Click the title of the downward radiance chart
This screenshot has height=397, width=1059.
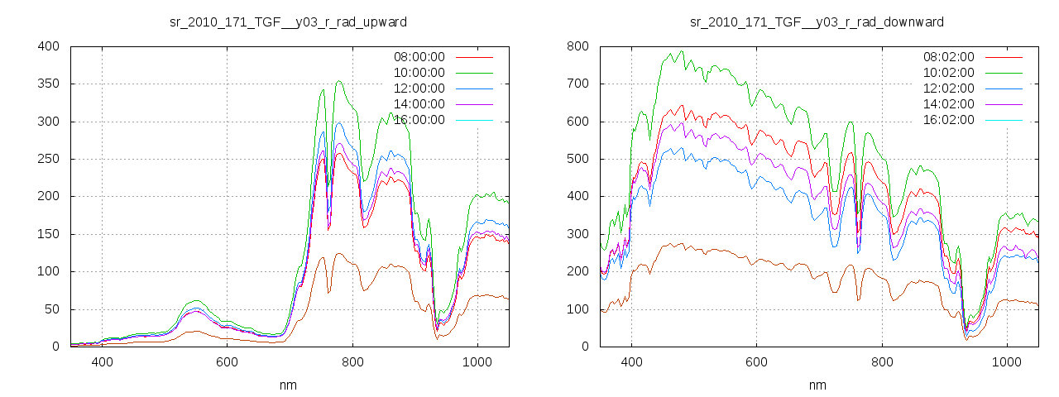tap(817, 22)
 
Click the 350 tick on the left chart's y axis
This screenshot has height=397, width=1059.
tap(48, 84)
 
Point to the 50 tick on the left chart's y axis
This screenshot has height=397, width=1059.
tap(51, 309)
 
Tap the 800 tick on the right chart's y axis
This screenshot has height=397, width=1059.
tap(577, 46)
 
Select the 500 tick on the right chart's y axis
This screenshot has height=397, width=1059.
tap(577, 159)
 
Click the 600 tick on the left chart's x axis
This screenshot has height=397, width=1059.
tap(228, 362)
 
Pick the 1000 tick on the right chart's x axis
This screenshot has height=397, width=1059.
tap(1007, 362)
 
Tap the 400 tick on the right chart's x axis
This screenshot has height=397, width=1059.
tap(631, 362)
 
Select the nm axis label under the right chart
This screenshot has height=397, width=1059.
tap(817, 385)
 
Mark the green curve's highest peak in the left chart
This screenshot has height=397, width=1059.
tap(339, 81)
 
